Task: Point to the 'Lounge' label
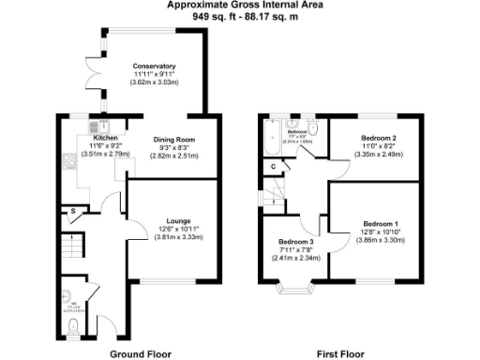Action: point(177,221)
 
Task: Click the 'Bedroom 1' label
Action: point(381,225)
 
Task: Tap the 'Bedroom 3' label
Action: point(295,241)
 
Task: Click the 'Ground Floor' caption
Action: point(140,353)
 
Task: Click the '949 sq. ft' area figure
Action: point(214,16)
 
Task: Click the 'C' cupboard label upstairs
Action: point(272,167)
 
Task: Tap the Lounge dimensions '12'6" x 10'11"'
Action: point(177,230)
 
